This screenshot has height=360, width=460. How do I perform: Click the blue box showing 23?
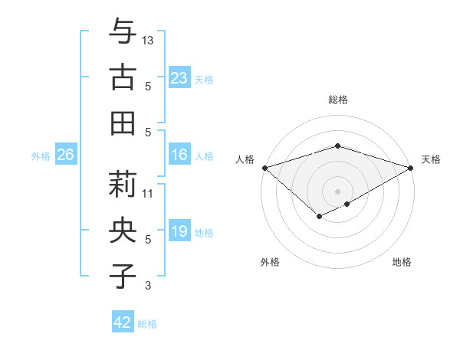point(179,77)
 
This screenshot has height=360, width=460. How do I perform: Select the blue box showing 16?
point(179,155)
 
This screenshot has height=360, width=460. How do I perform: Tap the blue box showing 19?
point(179,231)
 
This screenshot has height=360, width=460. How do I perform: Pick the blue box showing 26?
point(65,155)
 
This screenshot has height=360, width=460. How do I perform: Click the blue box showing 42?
point(123,322)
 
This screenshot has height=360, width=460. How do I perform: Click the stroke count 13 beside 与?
point(149,39)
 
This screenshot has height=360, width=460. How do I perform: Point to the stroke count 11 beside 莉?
point(149,193)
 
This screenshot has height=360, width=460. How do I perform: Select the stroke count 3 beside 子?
point(149,286)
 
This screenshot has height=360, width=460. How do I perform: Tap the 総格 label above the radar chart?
point(337,100)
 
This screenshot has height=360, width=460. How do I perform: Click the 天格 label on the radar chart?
point(432,159)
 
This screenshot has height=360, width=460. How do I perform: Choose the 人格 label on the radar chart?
point(245,159)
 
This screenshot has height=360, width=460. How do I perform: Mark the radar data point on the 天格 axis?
point(411,167)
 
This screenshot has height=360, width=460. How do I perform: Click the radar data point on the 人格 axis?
point(264,167)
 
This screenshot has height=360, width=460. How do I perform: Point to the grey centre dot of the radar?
point(337,191)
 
